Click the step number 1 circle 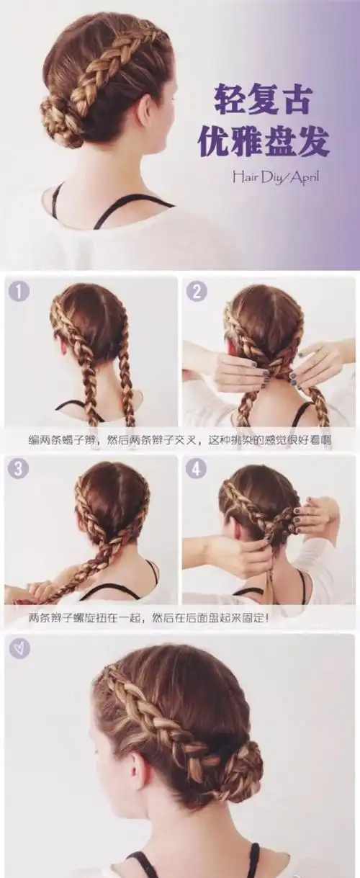click(19, 292)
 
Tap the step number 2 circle click(196, 292)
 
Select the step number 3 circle click(19, 469)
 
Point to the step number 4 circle click(196, 469)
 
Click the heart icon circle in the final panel click(19, 648)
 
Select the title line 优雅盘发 click(264, 142)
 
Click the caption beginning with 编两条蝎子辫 click(180, 438)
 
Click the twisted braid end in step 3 click(40, 591)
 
